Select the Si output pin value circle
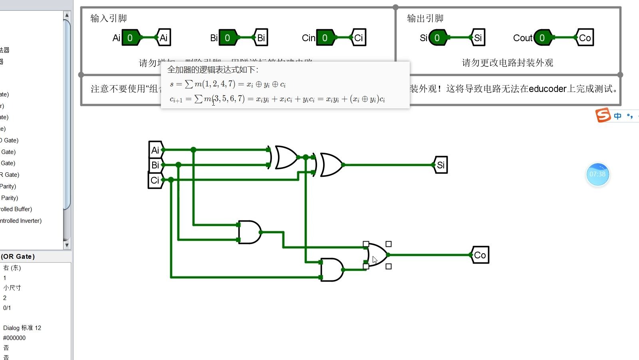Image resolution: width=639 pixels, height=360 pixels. (438, 38)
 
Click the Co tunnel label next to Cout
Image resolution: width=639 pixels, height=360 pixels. (585, 38)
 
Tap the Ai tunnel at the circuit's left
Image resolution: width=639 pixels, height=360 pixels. (155, 150)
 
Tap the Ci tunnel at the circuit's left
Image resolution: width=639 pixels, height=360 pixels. (155, 180)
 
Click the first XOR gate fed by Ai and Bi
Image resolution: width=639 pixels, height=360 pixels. (285, 157)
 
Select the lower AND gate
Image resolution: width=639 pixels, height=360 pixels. (331, 270)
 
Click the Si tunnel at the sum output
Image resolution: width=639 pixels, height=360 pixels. (441, 165)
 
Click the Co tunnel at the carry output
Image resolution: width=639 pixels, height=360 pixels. (480, 255)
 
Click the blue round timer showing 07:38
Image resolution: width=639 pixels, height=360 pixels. (597, 174)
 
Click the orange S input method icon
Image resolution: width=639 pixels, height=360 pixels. (603, 115)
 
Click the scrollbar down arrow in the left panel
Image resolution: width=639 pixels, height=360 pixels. (67, 245)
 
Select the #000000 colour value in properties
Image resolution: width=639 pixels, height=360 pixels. (14, 338)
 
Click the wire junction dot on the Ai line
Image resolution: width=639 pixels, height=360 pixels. (193, 150)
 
